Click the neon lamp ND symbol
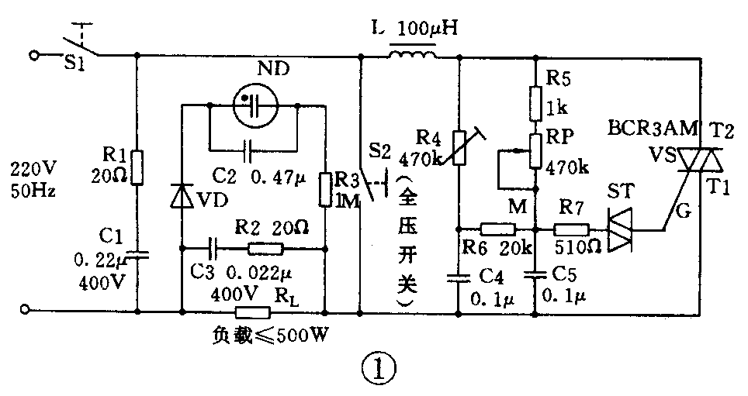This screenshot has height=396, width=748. pos(255,105)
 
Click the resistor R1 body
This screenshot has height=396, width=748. pos(137,167)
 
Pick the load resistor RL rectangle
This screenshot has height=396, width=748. pos(252,312)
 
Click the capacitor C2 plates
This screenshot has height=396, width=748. pos(247,146)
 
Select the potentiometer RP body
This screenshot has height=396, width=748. pos(535,150)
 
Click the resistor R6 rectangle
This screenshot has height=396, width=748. pos(497,229)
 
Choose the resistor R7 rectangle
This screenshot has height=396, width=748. pos(572,229)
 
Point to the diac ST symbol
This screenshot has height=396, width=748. pos(621,229)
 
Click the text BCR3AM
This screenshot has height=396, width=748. pos(642,127)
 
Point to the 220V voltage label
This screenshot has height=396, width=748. pos(29,168)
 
